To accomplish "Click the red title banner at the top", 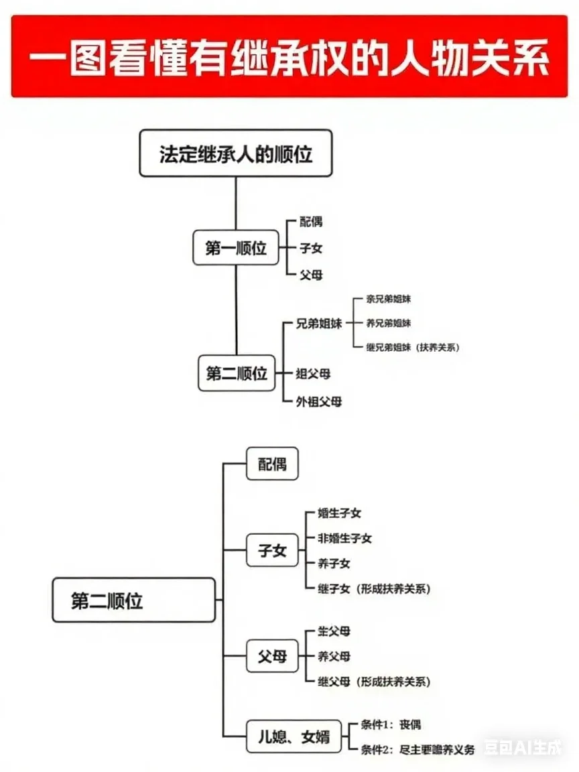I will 289,56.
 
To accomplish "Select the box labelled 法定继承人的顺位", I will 236,153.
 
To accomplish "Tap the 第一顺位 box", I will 236,249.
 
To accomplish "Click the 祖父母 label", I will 314,373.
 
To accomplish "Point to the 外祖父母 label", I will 319,402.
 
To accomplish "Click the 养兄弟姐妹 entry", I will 389,324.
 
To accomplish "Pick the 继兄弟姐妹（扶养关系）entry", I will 412,348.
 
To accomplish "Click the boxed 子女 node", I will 271,551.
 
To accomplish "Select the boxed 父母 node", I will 271,657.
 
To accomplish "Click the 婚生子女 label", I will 340,513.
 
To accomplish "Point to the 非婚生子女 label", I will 345,538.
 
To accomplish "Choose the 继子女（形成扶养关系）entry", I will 374,589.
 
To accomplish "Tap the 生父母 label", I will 334,632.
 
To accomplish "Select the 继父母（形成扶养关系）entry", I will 374,682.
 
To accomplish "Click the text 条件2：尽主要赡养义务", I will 412,749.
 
